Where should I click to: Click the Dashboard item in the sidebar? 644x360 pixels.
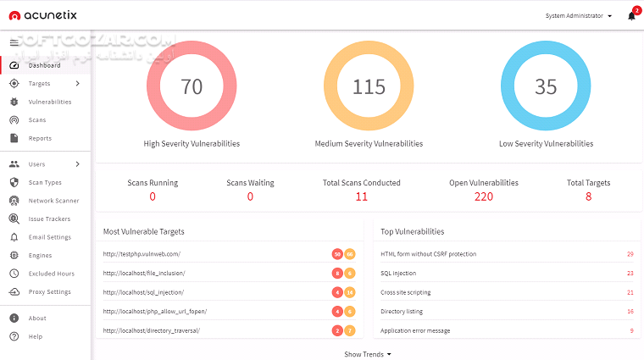pos(44,65)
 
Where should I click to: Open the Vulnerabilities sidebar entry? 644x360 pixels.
pos(49,102)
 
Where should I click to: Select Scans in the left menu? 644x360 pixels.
pos(37,120)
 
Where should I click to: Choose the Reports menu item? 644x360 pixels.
pos(40,138)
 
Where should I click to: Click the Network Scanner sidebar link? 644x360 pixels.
pos(53,201)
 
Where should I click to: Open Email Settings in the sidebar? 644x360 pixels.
pos(49,237)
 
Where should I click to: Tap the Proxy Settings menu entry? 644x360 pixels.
pos(49,292)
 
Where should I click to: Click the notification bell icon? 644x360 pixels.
pos(631,16)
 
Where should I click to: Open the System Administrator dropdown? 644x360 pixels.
pos(580,16)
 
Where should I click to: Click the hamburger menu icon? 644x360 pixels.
pos(14,42)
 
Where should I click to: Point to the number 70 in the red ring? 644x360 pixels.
pos(192,86)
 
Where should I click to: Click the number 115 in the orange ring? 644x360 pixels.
pos(369,86)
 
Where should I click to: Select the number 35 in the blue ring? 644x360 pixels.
pos(546,86)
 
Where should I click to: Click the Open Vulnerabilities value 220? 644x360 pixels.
pos(483,197)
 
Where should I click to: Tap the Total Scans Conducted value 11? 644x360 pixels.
pos(362,197)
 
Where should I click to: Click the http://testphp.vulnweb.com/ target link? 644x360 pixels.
pos(142,254)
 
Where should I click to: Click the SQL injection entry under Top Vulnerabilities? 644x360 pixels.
pos(399,273)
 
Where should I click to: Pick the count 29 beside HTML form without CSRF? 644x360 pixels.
pos(630,254)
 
